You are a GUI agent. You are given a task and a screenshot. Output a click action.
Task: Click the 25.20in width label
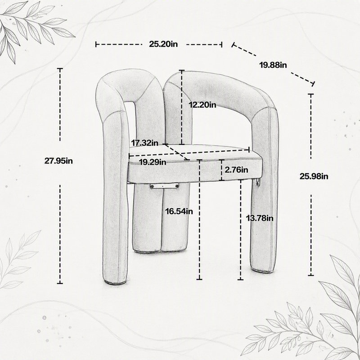pyautogui.click(x=163, y=44)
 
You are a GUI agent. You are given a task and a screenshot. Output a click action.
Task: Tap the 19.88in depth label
pyautogui.click(x=273, y=65)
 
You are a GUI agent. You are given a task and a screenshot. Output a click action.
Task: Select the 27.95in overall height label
pyautogui.click(x=58, y=161)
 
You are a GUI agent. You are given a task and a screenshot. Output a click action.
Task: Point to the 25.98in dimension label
pyautogui.click(x=314, y=176)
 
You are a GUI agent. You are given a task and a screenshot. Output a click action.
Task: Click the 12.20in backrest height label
pyautogui.click(x=202, y=105)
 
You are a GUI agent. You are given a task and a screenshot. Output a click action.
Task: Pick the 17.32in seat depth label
pyautogui.click(x=144, y=143)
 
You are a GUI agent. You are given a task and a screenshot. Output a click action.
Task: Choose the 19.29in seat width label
pyautogui.click(x=153, y=162)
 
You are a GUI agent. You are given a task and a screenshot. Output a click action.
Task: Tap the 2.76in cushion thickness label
pyautogui.click(x=237, y=170)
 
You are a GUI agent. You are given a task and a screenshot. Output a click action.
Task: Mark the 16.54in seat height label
pyautogui.click(x=179, y=211)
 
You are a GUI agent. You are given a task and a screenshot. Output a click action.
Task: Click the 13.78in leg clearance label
pyautogui.click(x=260, y=218)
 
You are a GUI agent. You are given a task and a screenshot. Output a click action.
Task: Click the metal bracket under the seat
pyautogui.click(x=164, y=186)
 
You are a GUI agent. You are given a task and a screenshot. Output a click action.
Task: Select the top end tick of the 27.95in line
pyautogui.click(x=60, y=69)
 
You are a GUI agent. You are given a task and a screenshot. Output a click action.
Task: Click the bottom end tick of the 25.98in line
pyautogui.click(x=311, y=275)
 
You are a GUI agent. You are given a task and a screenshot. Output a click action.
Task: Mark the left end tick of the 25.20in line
pyautogui.click(x=96, y=44)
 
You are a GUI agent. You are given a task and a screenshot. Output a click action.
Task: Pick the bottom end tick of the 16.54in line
pyautogui.click(x=199, y=279)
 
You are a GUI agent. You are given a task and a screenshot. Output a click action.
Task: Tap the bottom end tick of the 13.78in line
pyautogui.click(x=240, y=279)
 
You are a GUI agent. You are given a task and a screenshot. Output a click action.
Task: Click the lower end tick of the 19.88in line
pyautogui.click(x=313, y=84)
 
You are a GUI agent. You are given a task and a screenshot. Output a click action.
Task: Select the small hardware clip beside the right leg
pyautogui.click(x=258, y=183)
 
